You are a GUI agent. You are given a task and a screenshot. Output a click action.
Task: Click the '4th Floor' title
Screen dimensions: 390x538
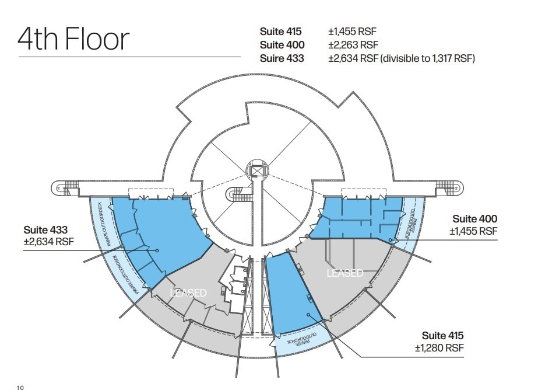pos(73,40)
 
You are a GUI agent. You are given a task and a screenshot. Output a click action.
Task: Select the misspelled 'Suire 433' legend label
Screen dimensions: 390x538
pos(282,58)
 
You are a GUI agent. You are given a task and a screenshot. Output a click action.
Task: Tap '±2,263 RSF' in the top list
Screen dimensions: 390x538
pos(353,45)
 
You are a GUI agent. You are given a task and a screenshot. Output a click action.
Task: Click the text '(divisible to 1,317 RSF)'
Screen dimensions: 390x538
pos(427,58)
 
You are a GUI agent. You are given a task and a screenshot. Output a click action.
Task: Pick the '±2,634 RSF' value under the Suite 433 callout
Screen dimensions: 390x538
pos(49,242)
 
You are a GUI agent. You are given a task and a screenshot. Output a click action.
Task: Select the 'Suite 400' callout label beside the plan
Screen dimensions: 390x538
pos(475,219)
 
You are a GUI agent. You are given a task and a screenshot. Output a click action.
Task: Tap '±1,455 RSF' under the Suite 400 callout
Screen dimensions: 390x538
pos(473,231)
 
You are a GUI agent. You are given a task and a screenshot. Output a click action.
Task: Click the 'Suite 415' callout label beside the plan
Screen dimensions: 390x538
pos(443,336)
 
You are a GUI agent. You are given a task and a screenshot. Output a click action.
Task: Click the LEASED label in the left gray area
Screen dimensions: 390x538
pos(188,292)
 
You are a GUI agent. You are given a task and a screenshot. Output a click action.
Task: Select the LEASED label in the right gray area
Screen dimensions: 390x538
pos(345,273)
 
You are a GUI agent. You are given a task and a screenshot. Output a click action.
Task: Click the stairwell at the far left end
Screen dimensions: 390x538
pos(65,187)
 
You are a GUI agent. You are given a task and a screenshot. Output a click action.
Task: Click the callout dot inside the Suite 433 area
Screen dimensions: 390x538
pos(157,250)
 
